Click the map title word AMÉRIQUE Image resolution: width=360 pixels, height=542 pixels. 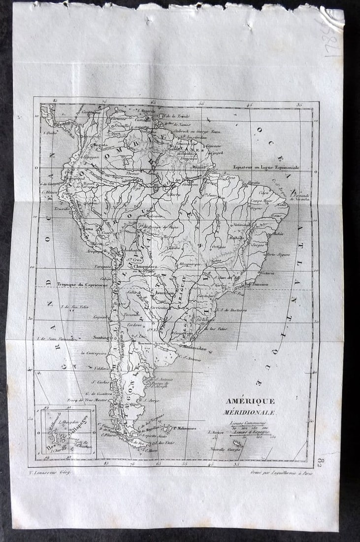[250, 401]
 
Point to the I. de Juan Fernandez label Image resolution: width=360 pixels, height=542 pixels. [54, 339]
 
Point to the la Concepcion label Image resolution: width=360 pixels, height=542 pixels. [93, 353]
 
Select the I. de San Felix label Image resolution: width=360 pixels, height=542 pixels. [74, 307]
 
